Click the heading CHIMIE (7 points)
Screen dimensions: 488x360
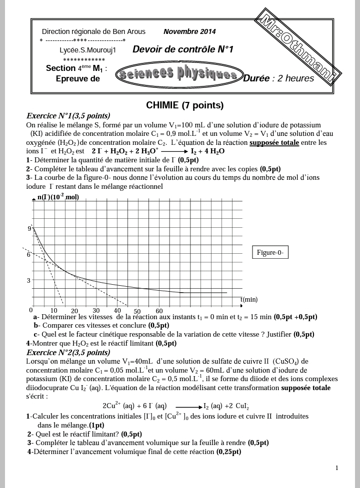184,105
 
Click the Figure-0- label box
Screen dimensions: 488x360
270,252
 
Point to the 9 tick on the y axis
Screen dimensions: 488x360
29,229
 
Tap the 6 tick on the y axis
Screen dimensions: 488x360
28,255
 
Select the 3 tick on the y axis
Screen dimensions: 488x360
28,281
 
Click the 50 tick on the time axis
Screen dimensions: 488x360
137,312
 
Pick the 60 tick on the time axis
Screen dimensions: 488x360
159,311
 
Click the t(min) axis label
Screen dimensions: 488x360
249,300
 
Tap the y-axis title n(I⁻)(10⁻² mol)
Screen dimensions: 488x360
58,197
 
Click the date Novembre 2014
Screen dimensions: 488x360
189,31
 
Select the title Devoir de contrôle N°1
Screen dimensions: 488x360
183,49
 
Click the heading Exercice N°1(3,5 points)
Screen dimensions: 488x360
68,116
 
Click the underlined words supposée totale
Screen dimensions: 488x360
274,142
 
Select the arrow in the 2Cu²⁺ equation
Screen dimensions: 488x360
188,406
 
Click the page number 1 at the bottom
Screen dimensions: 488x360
337,468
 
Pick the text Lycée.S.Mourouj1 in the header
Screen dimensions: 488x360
87,50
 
